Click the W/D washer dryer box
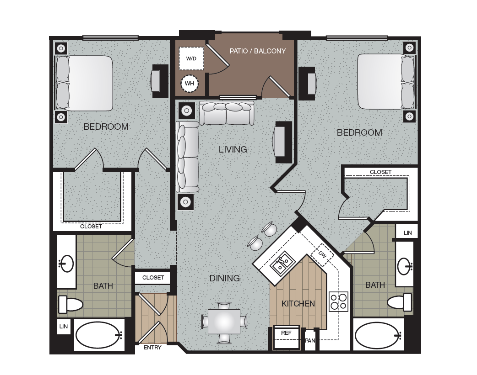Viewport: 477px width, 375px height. pyautogui.click(x=191, y=58)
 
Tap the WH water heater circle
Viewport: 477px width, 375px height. pyautogui.click(x=190, y=84)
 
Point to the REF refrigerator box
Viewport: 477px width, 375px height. pyautogui.click(x=286, y=337)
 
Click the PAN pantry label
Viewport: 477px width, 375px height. pyautogui.click(x=310, y=340)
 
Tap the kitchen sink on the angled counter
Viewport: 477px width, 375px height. pyautogui.click(x=282, y=264)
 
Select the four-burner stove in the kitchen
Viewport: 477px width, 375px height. pyautogui.click(x=339, y=301)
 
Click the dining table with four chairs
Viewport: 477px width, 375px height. pyautogui.click(x=224, y=322)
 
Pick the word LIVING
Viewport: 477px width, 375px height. pyautogui.click(x=233, y=149)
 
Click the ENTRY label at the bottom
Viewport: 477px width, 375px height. pyautogui.click(x=152, y=348)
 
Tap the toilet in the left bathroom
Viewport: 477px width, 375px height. pyautogui.click(x=70, y=304)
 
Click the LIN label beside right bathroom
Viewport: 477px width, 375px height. pyautogui.click(x=407, y=233)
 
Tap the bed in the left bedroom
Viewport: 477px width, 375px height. pyautogui.click(x=84, y=83)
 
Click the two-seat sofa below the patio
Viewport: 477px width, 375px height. pyautogui.click(x=227, y=113)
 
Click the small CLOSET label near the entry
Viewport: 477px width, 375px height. pyautogui.click(x=153, y=277)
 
